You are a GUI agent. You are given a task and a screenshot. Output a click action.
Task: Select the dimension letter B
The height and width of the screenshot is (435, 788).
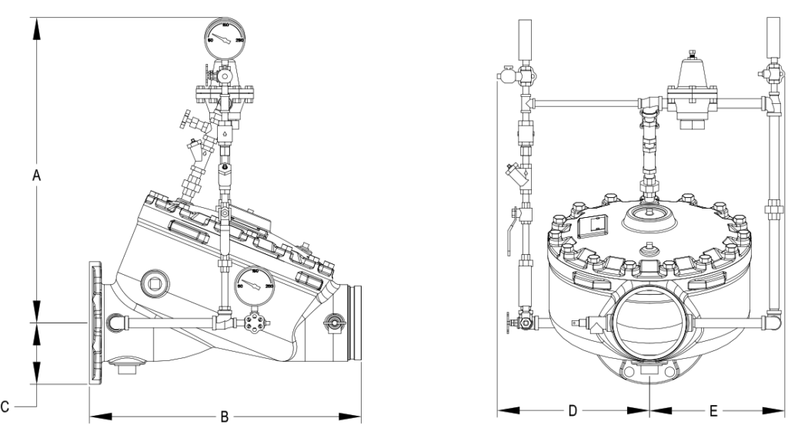[225, 417]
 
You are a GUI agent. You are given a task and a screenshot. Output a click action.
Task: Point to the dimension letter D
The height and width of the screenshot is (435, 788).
[573, 410]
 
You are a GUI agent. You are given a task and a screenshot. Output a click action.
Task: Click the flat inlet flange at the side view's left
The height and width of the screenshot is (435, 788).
[96, 323]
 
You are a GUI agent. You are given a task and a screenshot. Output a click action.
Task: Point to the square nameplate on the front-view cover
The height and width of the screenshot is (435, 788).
[593, 225]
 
